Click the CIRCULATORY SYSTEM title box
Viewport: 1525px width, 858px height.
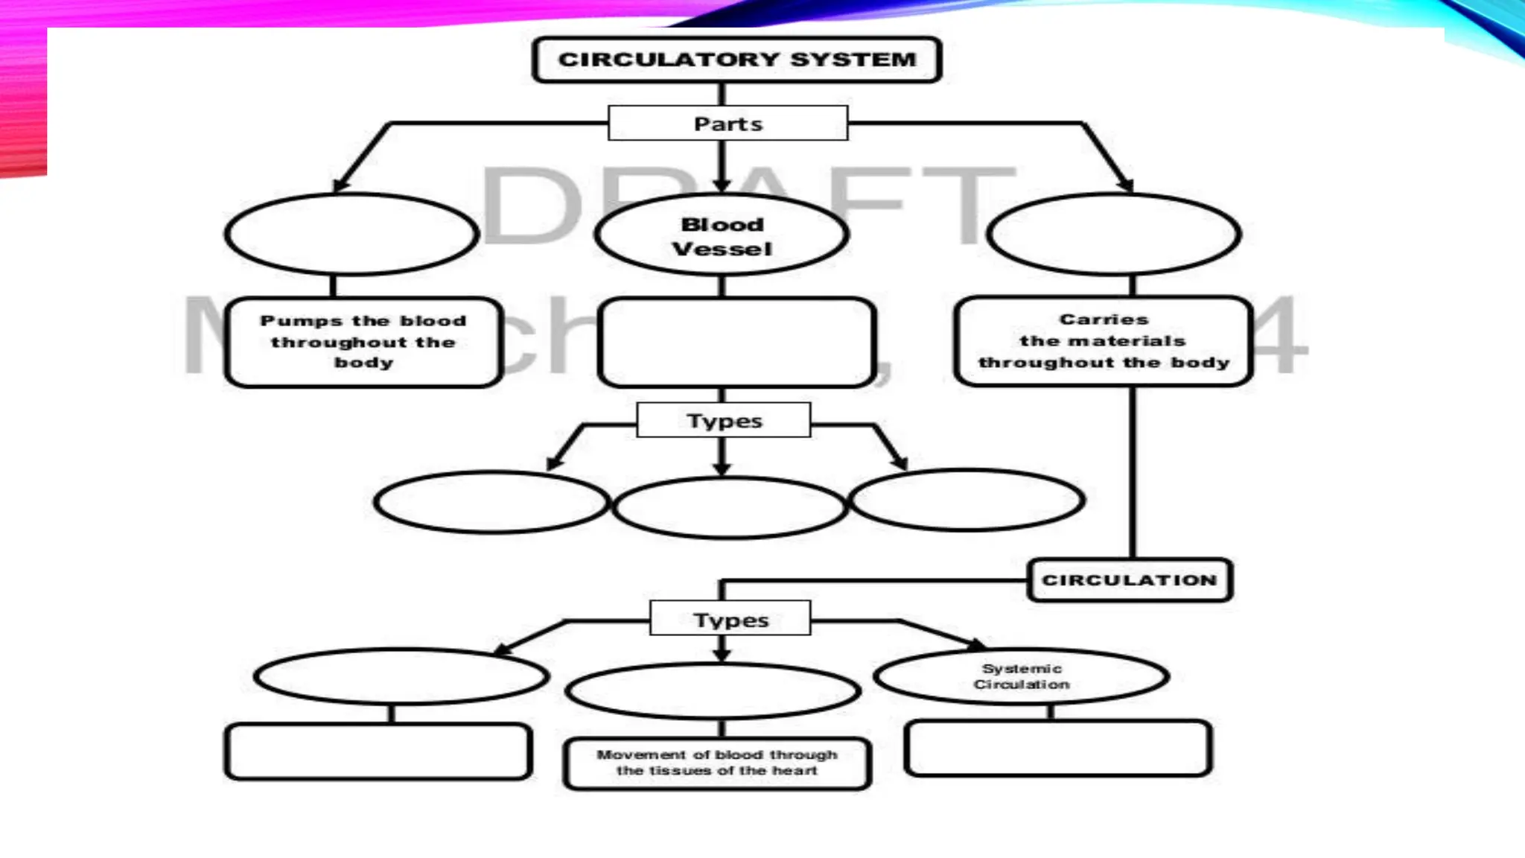click(x=737, y=60)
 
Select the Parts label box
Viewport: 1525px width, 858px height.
click(x=728, y=124)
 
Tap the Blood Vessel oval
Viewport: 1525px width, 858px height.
click(x=722, y=235)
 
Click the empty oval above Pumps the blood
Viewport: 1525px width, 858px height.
click(x=351, y=235)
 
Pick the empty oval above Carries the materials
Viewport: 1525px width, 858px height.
click(x=1114, y=235)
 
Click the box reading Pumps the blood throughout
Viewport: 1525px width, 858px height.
click(x=363, y=342)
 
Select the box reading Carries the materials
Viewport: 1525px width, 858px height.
click(x=1104, y=341)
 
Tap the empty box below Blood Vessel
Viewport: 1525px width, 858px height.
click(x=736, y=343)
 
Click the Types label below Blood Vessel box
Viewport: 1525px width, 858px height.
click(x=724, y=421)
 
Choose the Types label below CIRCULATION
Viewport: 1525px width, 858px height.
click(x=730, y=619)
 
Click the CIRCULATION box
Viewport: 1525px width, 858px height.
click(x=1130, y=580)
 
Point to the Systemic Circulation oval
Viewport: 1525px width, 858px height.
click(x=1022, y=676)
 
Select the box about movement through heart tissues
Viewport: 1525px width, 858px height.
click(x=717, y=763)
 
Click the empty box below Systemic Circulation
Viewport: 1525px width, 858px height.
click(x=1058, y=749)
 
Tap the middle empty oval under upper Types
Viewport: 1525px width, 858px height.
click(x=730, y=507)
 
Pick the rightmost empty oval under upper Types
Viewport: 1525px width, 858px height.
click(x=967, y=500)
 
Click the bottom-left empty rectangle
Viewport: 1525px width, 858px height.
click(x=378, y=751)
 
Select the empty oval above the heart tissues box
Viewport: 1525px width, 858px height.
click(x=713, y=690)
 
